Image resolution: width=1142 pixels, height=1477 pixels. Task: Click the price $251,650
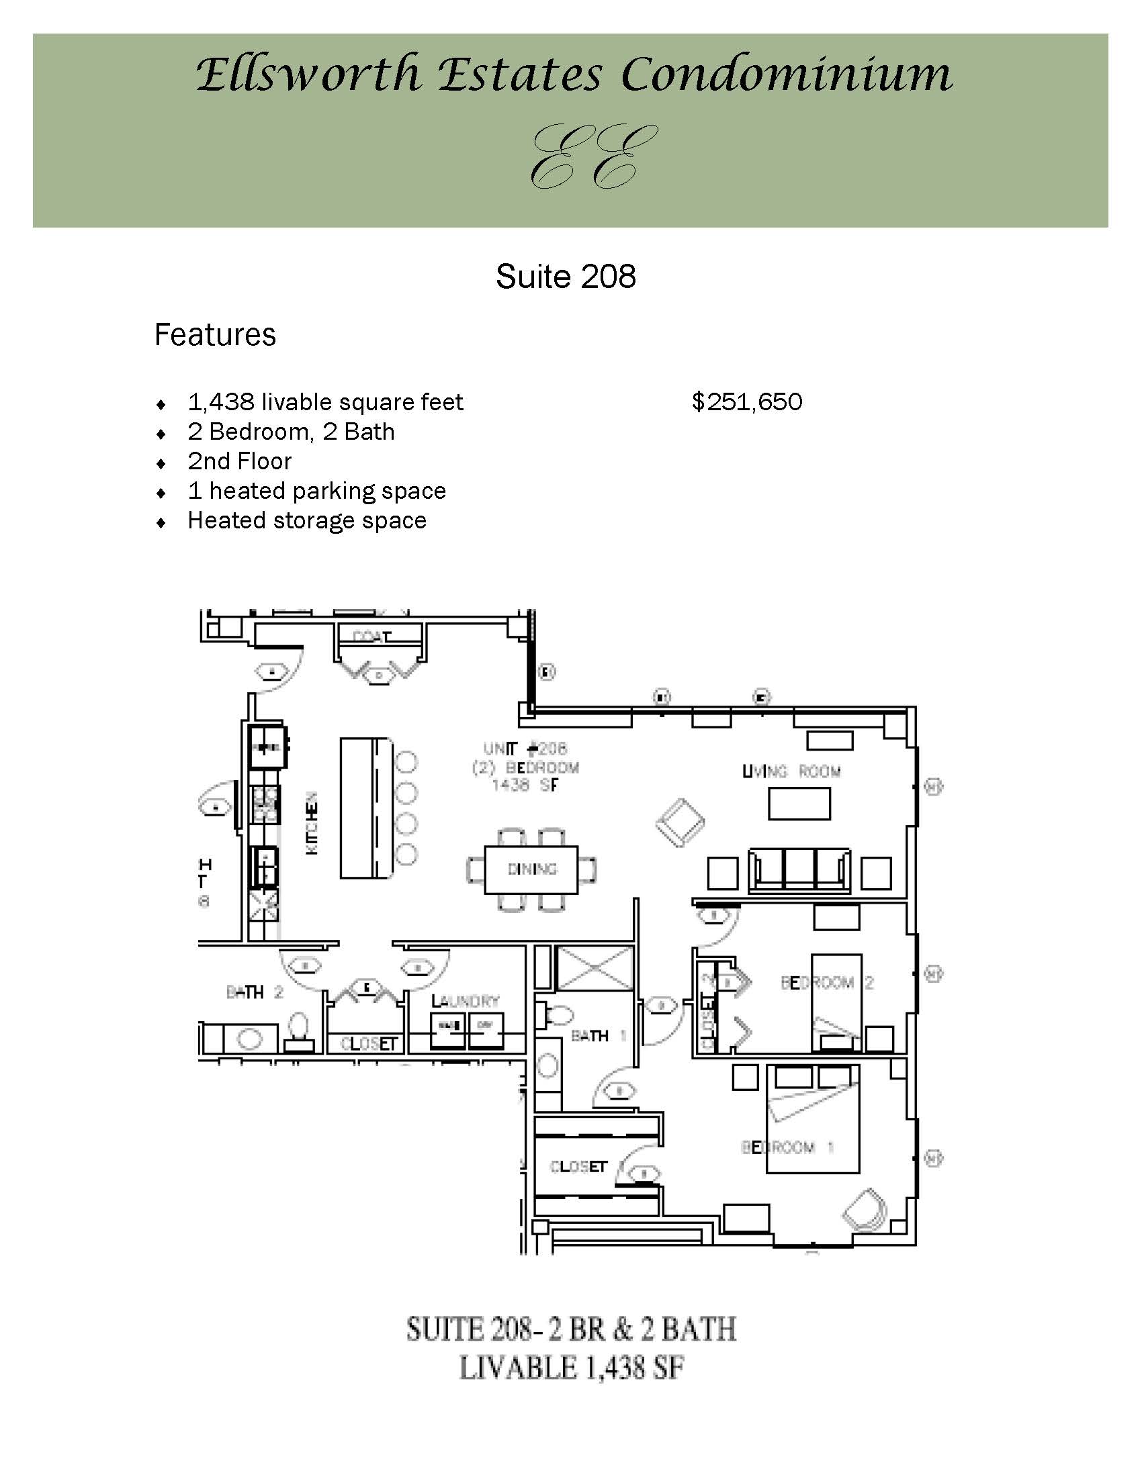pos(747,402)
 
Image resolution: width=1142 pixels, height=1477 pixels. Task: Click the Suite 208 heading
pos(566,277)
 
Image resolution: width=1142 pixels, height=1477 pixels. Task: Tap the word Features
pos(215,335)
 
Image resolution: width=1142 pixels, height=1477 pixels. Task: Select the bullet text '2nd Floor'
pos(240,461)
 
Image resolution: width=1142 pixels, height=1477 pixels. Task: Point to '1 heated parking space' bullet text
pos(316,491)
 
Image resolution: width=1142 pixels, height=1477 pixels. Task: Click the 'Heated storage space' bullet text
pos(307,521)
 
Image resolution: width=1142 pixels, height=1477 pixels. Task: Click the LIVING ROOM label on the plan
pos(791,771)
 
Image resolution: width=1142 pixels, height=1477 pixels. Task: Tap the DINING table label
pos(532,869)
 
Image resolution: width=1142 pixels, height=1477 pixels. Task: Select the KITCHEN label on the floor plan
pos(312,823)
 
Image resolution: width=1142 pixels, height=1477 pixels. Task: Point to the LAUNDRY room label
pos(466,1001)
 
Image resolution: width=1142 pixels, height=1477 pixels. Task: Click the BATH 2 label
pos(255,993)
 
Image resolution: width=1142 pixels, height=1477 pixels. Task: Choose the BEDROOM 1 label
pos(787,1147)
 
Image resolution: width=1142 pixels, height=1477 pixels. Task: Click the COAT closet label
pos(372,637)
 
